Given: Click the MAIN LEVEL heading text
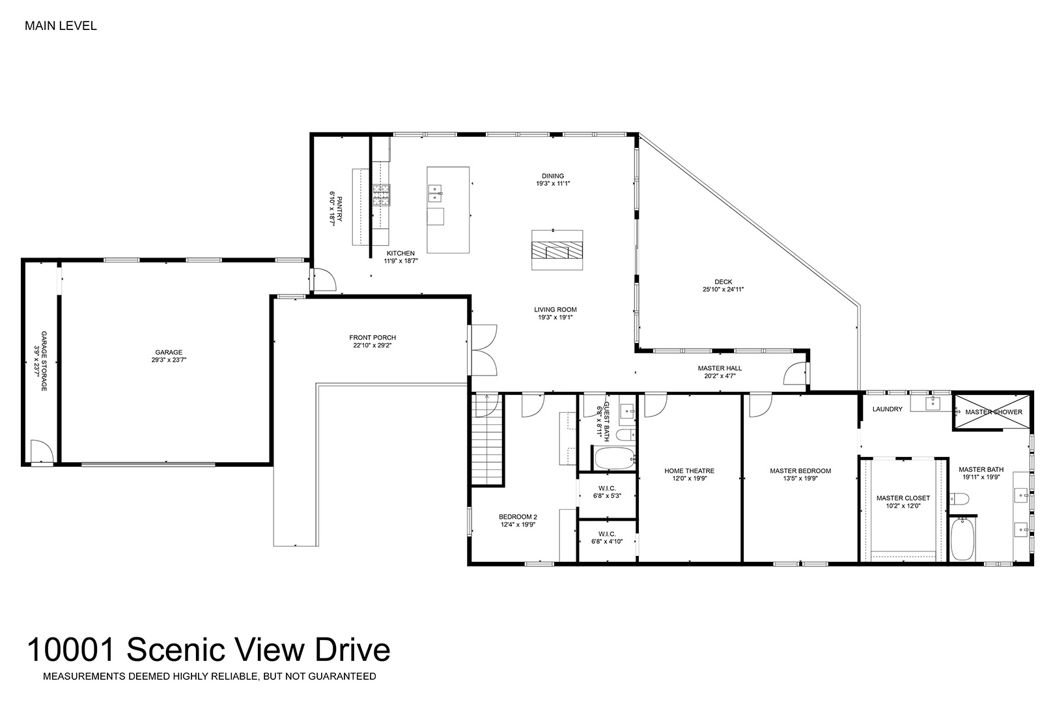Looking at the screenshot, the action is pos(61,26).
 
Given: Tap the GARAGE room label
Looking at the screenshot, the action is pos(169,352).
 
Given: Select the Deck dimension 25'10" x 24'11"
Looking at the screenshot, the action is pos(723,289).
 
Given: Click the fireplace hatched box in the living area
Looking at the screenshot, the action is pos(557,250).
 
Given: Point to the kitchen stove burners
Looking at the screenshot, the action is pos(382,195).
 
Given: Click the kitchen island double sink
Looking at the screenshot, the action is pos(435,194).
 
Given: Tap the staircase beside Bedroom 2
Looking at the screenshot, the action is pos(488,440).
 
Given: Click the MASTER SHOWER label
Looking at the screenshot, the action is pos(994,412).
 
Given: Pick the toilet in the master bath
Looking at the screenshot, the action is pos(959,499).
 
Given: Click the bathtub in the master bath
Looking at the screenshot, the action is pos(963,539).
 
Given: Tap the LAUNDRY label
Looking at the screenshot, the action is pos(888,409).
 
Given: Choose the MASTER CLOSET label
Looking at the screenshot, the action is pos(903,498).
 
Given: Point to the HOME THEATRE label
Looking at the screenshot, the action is pos(690,471).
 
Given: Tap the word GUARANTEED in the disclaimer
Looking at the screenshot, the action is pos(342,677).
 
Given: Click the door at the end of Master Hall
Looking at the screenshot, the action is pos(796,373).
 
